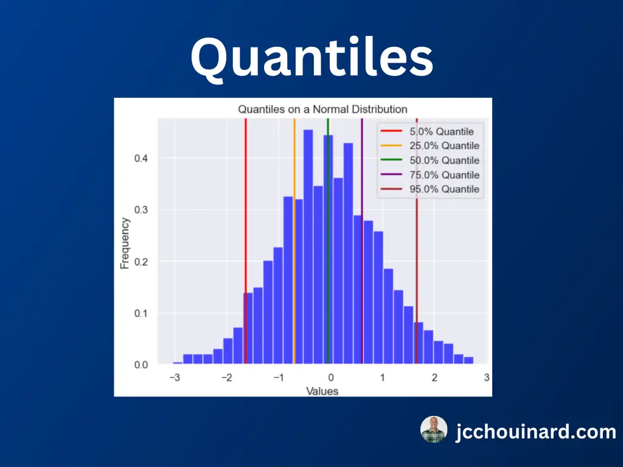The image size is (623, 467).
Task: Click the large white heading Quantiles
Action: [x=312, y=58]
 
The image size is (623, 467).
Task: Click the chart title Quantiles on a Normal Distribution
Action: [x=322, y=109]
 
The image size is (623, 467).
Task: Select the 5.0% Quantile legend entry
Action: [x=427, y=131]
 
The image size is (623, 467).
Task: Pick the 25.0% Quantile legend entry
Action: [x=430, y=146]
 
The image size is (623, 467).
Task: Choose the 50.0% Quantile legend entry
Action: [x=430, y=161]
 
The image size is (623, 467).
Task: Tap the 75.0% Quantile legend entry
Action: [x=430, y=175]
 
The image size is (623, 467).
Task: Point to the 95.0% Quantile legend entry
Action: [x=430, y=189]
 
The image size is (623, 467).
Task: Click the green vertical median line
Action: [x=328, y=241]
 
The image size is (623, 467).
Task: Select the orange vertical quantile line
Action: [x=294, y=241]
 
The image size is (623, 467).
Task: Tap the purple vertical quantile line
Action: [x=362, y=241]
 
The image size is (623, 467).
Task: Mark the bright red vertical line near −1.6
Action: [x=246, y=241]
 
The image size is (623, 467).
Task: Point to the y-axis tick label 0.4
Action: [x=141, y=159]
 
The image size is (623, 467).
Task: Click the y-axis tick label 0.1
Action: [x=141, y=313]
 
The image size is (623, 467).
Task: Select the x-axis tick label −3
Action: [x=175, y=377]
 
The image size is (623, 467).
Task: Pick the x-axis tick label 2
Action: [x=434, y=377]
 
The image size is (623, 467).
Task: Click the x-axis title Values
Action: [x=322, y=391]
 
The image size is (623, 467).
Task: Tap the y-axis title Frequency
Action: [x=125, y=243]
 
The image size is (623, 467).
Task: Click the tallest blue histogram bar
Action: [x=308, y=247]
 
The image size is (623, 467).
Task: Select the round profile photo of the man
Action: [x=434, y=429]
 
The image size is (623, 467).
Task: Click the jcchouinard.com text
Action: [x=536, y=432]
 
